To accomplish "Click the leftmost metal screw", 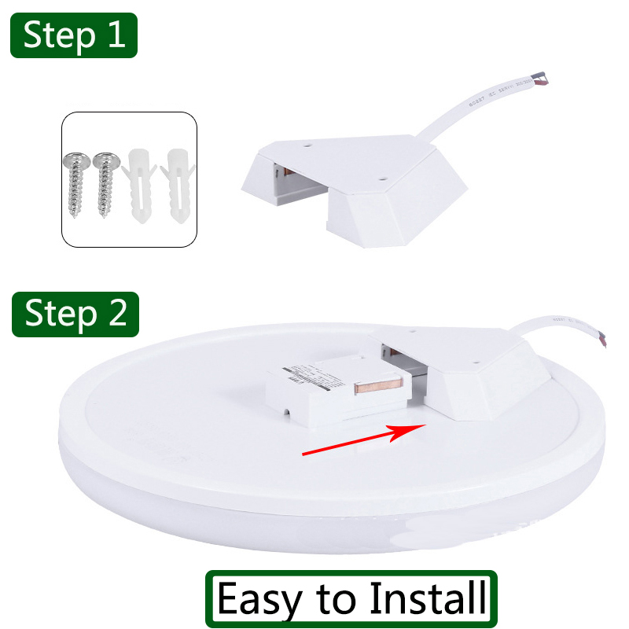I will (77, 184).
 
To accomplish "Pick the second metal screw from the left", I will (105, 184).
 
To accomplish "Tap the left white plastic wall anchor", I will (138, 186).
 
